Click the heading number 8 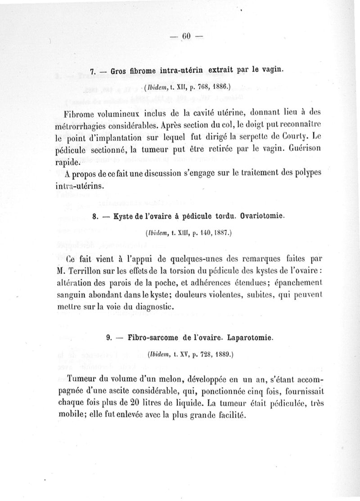tap(95, 216)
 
